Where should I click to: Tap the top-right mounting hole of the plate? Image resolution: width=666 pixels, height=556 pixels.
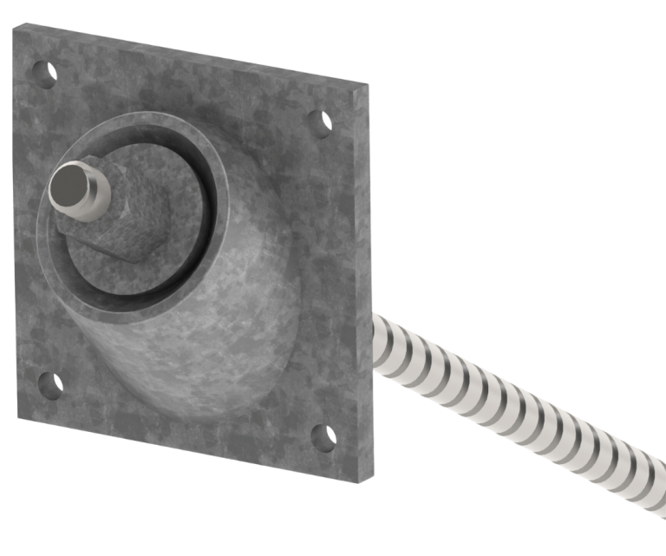coord(321,122)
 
